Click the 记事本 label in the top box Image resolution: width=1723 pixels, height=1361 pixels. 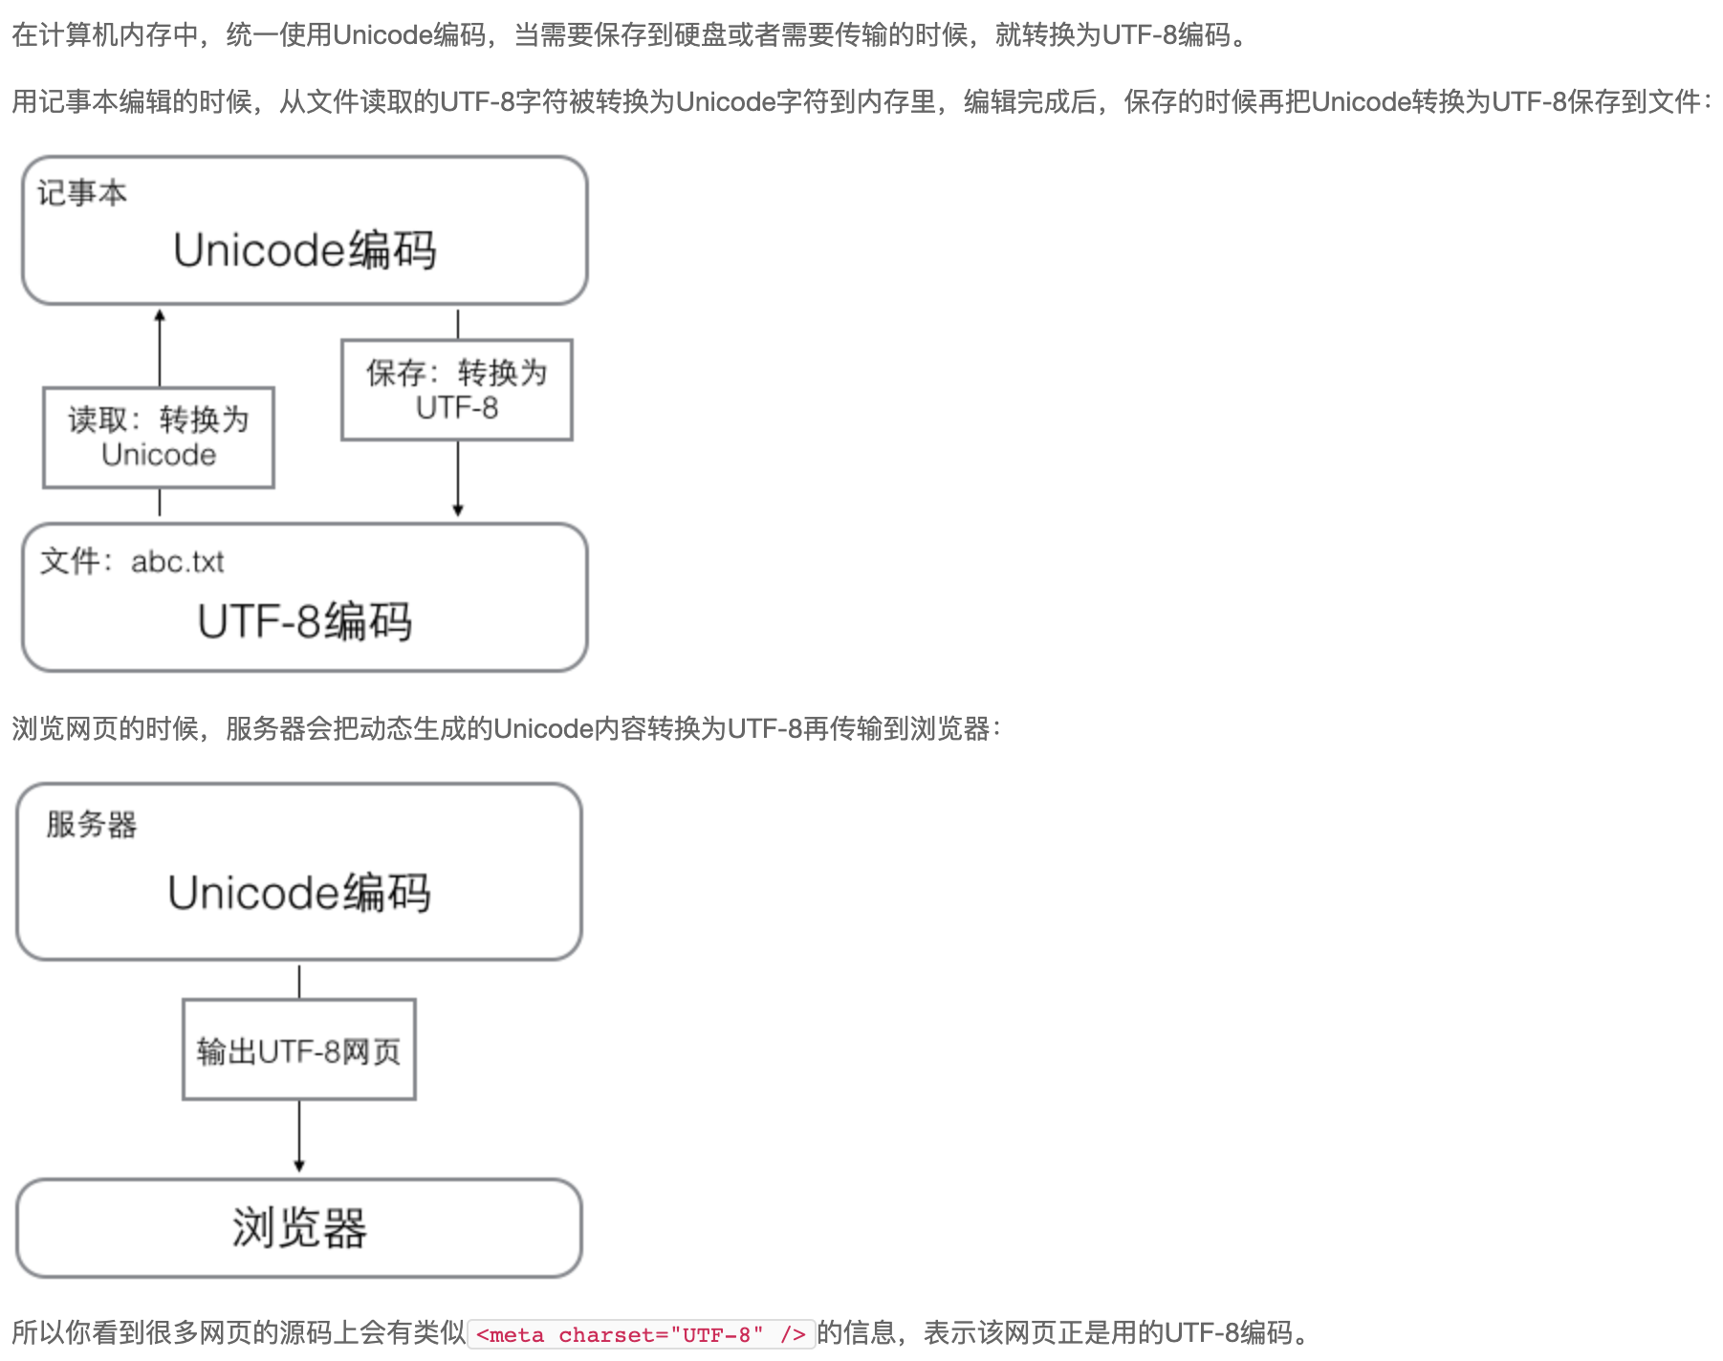82,193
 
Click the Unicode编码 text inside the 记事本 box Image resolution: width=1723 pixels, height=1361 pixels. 304,250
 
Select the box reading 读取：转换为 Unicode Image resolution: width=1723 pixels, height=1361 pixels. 159,438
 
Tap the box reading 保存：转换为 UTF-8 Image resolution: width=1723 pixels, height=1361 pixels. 457,390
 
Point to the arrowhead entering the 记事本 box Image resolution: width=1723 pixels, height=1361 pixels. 160,315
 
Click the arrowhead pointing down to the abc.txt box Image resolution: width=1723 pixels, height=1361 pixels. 458,510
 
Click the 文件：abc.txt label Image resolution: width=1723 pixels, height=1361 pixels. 132,562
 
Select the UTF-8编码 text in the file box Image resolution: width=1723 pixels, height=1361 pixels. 304,621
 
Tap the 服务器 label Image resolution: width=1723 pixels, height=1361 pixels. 92,824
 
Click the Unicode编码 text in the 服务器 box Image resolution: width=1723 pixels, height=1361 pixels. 299,893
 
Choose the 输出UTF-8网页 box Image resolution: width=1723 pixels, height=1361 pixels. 299,1050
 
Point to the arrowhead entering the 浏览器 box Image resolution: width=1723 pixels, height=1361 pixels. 299,1166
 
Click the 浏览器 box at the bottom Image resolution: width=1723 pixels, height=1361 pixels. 299,1228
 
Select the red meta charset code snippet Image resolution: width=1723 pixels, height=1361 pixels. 641,1334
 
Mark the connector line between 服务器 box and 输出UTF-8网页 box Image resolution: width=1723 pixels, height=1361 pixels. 299,982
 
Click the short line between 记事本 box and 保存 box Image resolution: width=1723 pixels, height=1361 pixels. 458,324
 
